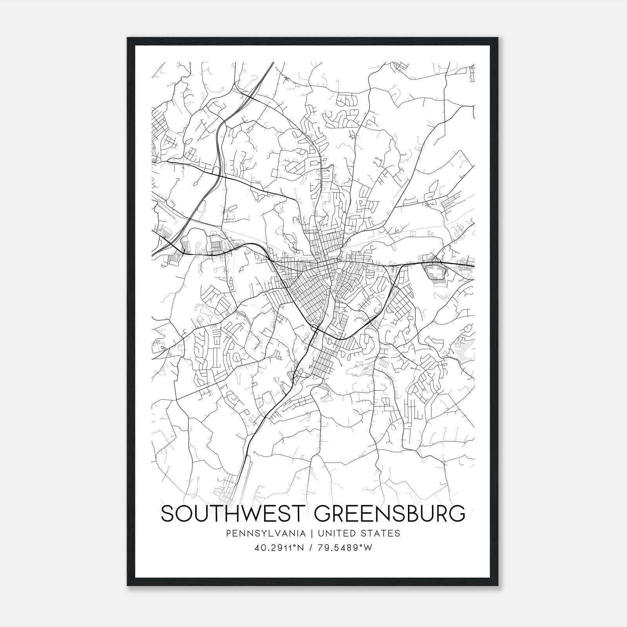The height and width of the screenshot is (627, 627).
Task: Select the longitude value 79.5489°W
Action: click(x=344, y=548)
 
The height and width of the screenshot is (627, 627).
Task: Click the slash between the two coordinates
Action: click(x=310, y=548)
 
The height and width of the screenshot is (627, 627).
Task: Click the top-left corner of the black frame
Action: click(x=128, y=38)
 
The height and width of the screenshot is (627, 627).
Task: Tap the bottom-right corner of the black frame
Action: click(x=498, y=585)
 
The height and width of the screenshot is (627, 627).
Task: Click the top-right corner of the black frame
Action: click(x=498, y=38)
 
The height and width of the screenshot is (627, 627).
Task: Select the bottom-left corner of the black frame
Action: click(x=128, y=585)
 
